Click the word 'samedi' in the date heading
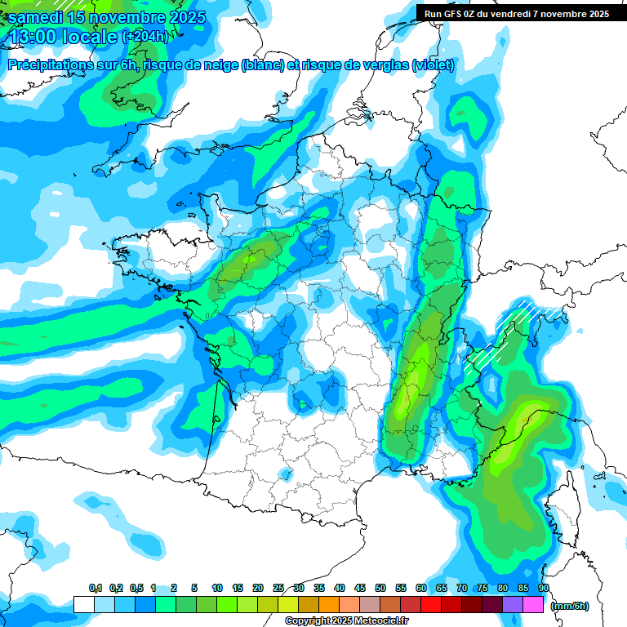click(38, 16)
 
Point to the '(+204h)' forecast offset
click(147, 36)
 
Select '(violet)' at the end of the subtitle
click(434, 65)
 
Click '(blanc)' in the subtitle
click(264, 65)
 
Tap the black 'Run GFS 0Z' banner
click(516, 13)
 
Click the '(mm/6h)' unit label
click(569, 606)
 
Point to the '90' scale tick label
click(544, 588)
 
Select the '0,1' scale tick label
click(96, 588)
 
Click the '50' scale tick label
click(380, 588)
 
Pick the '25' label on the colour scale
click(278, 588)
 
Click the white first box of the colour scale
click(84, 604)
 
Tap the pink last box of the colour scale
click(534, 604)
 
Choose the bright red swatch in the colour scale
click(431, 604)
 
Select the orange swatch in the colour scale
click(329, 604)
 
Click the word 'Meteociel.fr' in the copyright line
click(381, 621)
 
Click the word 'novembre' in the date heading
click(130, 16)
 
